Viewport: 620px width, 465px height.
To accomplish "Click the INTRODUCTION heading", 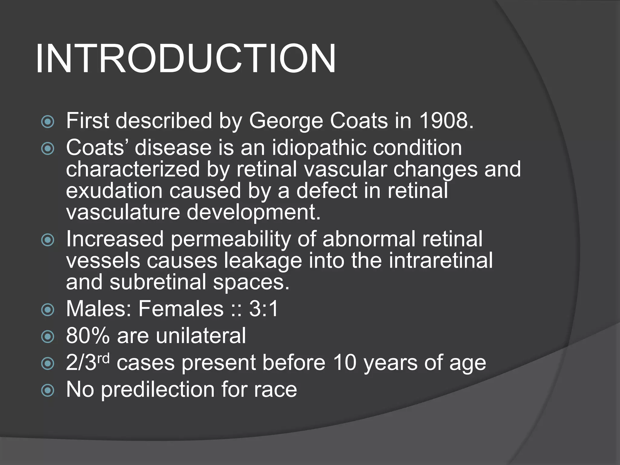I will tap(185, 59).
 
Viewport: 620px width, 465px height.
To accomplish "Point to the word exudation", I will tap(114, 191).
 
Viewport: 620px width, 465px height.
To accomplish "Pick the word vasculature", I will tap(123, 212).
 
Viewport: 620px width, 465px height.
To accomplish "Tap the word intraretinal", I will tap(441, 261).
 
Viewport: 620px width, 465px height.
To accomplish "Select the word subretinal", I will tap(158, 282).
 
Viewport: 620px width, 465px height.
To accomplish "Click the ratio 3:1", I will tap(263, 309).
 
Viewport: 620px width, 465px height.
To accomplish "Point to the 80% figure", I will tap(88, 336).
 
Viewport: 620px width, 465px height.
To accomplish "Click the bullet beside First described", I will tap(48, 122).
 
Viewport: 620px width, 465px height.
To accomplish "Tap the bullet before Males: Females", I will tap(48, 310).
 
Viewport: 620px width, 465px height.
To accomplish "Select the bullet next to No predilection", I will tap(48, 390).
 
